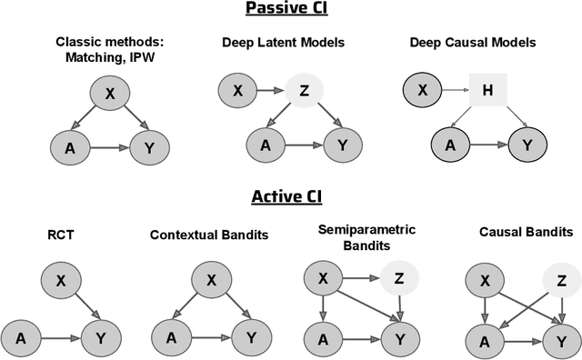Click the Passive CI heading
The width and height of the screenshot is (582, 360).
pos(289,11)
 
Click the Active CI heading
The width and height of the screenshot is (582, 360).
pos(289,196)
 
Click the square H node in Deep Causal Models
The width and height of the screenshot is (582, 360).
pos(487,91)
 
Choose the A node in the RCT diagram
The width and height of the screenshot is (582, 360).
pos(21,338)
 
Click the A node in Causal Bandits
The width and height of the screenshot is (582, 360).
pos(484,341)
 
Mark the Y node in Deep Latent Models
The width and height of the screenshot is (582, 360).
pos(342,144)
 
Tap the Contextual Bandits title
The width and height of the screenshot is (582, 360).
pos(209,235)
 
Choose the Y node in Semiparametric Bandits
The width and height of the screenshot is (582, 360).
pos(393,338)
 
